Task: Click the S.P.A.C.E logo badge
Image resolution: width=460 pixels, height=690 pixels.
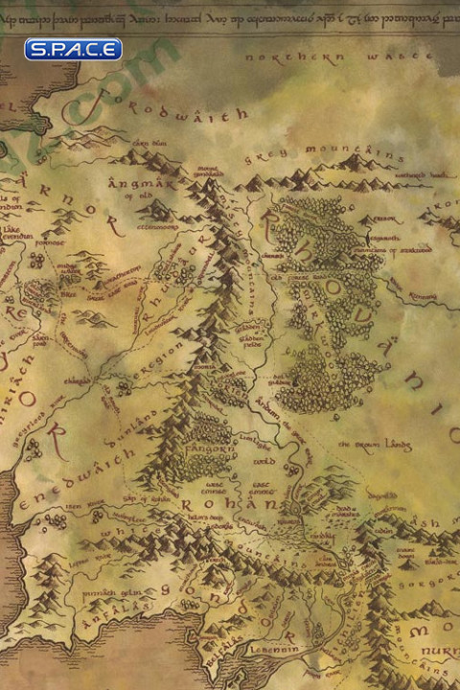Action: [x=74, y=49]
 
